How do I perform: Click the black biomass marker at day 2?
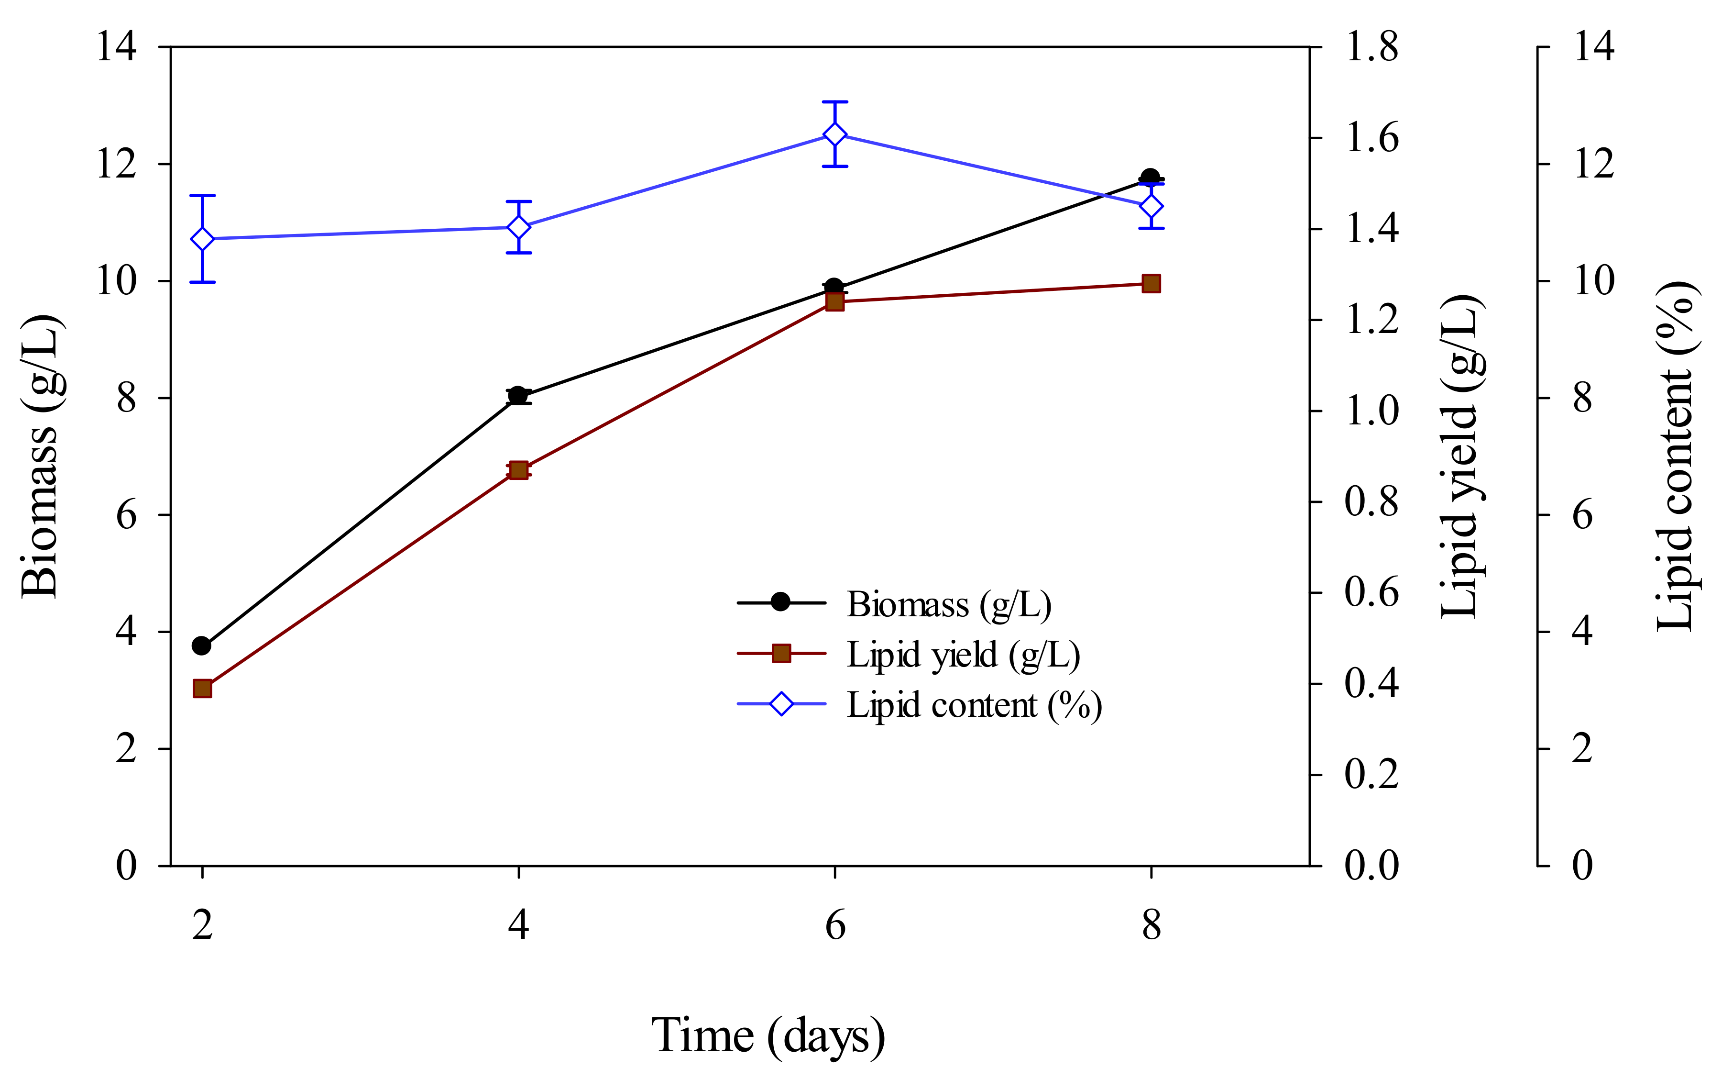[x=202, y=646]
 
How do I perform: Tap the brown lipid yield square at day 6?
[x=834, y=302]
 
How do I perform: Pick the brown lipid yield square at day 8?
[x=1151, y=283]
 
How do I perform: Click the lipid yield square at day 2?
[x=203, y=689]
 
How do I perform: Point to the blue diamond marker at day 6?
[x=834, y=135]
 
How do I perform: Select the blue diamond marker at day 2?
[x=203, y=239]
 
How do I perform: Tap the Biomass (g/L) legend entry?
[x=949, y=604]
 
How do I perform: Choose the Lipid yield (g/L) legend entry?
[x=963, y=655]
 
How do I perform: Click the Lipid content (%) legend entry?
[x=974, y=705]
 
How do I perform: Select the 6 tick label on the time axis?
[x=834, y=925]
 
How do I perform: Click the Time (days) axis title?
[x=768, y=1035]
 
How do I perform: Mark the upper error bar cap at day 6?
[x=834, y=102]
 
